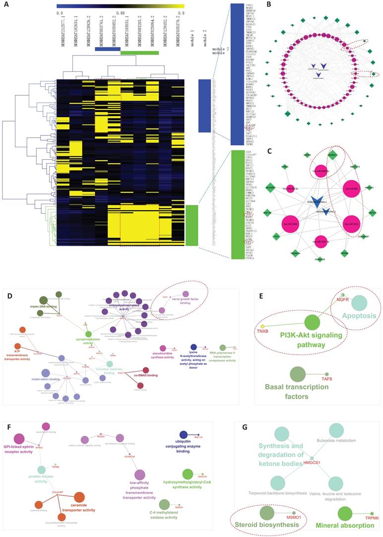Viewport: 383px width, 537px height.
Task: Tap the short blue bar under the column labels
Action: click(x=108, y=49)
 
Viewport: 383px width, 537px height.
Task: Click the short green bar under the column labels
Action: click(x=140, y=53)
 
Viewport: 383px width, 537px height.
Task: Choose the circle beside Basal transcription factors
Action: click(x=297, y=374)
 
